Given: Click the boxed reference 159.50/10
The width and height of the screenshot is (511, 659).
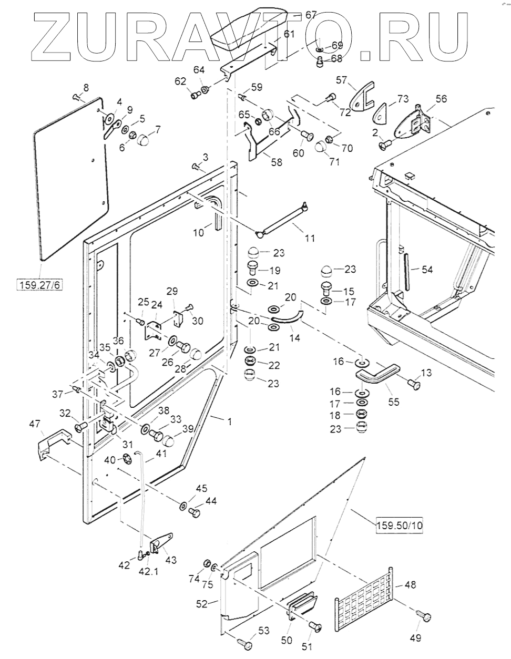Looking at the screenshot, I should [x=398, y=524].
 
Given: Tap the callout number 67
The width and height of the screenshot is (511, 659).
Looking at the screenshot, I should [x=311, y=15].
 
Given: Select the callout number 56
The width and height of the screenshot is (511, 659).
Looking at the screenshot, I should [x=441, y=98].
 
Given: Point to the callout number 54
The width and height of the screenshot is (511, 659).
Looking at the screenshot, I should [x=427, y=269].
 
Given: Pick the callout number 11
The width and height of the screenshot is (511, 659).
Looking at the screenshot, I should [x=310, y=238].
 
